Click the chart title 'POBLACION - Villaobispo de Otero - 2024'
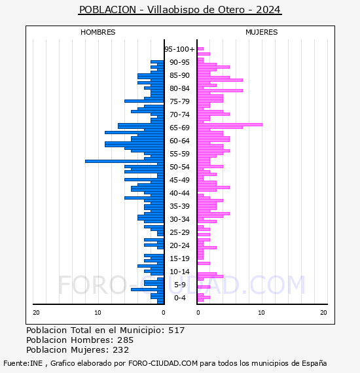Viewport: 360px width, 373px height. point(180,10)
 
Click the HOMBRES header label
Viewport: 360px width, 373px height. point(98,32)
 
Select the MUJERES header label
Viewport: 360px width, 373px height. point(262,32)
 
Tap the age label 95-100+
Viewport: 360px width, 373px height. point(179,49)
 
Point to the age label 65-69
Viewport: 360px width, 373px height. point(179,128)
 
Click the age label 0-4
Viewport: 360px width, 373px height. point(180,298)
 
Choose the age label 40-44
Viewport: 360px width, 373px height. point(179,193)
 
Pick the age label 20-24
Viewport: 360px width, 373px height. point(179,245)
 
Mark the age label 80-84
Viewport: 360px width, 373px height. point(179,88)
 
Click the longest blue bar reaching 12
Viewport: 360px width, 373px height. point(124,161)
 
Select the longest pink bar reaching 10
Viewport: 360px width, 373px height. point(230,124)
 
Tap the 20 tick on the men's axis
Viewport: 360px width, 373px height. point(36,313)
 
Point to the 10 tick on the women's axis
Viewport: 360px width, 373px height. point(261,313)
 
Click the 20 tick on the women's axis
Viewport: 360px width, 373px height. point(323,313)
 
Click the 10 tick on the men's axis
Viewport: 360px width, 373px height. point(98,313)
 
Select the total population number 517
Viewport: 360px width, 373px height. point(177,330)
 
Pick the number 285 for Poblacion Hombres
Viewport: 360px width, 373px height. point(126,340)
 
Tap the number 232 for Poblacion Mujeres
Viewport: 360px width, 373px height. point(121,350)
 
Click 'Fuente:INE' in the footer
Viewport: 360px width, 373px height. point(23,363)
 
